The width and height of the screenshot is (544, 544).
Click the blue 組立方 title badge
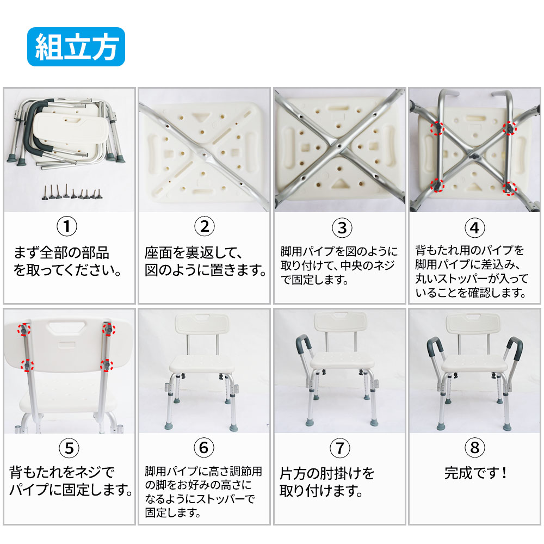pos(76,47)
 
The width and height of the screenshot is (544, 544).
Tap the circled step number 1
pos(66,226)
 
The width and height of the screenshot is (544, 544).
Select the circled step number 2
pos(205,226)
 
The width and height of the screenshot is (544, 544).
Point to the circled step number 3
pos(342,228)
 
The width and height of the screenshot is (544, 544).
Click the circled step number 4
pos(474,228)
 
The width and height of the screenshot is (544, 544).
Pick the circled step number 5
pos(69,448)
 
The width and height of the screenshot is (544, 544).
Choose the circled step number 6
pos(204,448)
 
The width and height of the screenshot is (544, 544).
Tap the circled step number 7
pos(340,448)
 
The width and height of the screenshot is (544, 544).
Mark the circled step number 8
pos(474,448)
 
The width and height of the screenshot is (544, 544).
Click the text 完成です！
pos(475,473)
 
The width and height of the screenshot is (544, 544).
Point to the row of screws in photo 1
pos(72,193)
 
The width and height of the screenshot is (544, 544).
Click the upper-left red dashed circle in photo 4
pos(437,128)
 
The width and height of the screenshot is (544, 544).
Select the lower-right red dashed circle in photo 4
pos(510,188)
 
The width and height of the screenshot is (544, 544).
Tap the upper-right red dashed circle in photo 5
pos(109,329)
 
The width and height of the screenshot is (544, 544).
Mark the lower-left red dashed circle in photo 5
pos(27,366)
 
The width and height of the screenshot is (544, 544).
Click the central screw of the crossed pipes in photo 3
pos(339,146)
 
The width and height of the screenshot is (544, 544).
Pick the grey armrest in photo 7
pos(304,344)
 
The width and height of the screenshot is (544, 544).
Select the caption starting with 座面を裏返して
pos(205,261)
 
